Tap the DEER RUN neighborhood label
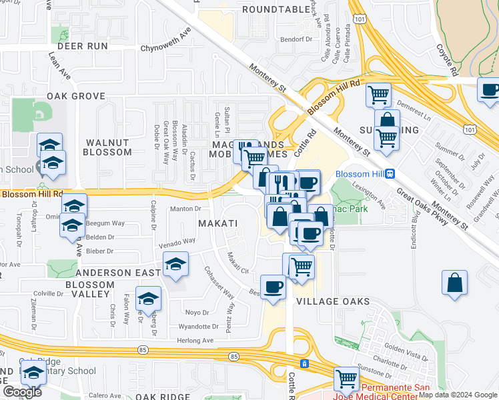[83, 46]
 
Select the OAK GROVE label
[76, 96]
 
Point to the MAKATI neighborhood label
[217, 221]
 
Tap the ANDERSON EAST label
[118, 273]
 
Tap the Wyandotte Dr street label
[198, 327]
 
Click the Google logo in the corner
[22, 392]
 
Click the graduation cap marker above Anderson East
[175, 265]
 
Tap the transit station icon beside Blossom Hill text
[390, 174]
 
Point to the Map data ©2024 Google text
[456, 395]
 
